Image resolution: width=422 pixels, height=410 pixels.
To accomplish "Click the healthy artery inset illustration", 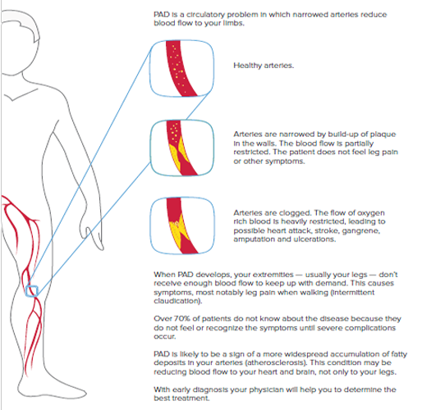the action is tap(181, 68).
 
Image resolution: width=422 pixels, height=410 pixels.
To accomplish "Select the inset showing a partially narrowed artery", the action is tap(181, 148).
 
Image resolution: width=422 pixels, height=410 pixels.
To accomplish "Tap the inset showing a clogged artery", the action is tap(182, 225).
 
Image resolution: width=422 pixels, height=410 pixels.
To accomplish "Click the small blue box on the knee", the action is tap(32, 291).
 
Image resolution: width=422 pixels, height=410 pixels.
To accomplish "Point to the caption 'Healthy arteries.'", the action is tap(264, 66).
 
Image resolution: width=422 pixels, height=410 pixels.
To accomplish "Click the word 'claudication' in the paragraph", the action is tap(177, 301).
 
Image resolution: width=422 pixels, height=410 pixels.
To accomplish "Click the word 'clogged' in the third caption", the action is tap(295, 213).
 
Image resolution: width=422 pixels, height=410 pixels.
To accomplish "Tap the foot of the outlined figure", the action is tap(52, 388).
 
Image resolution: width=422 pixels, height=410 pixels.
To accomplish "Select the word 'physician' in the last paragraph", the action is tap(267, 389).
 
